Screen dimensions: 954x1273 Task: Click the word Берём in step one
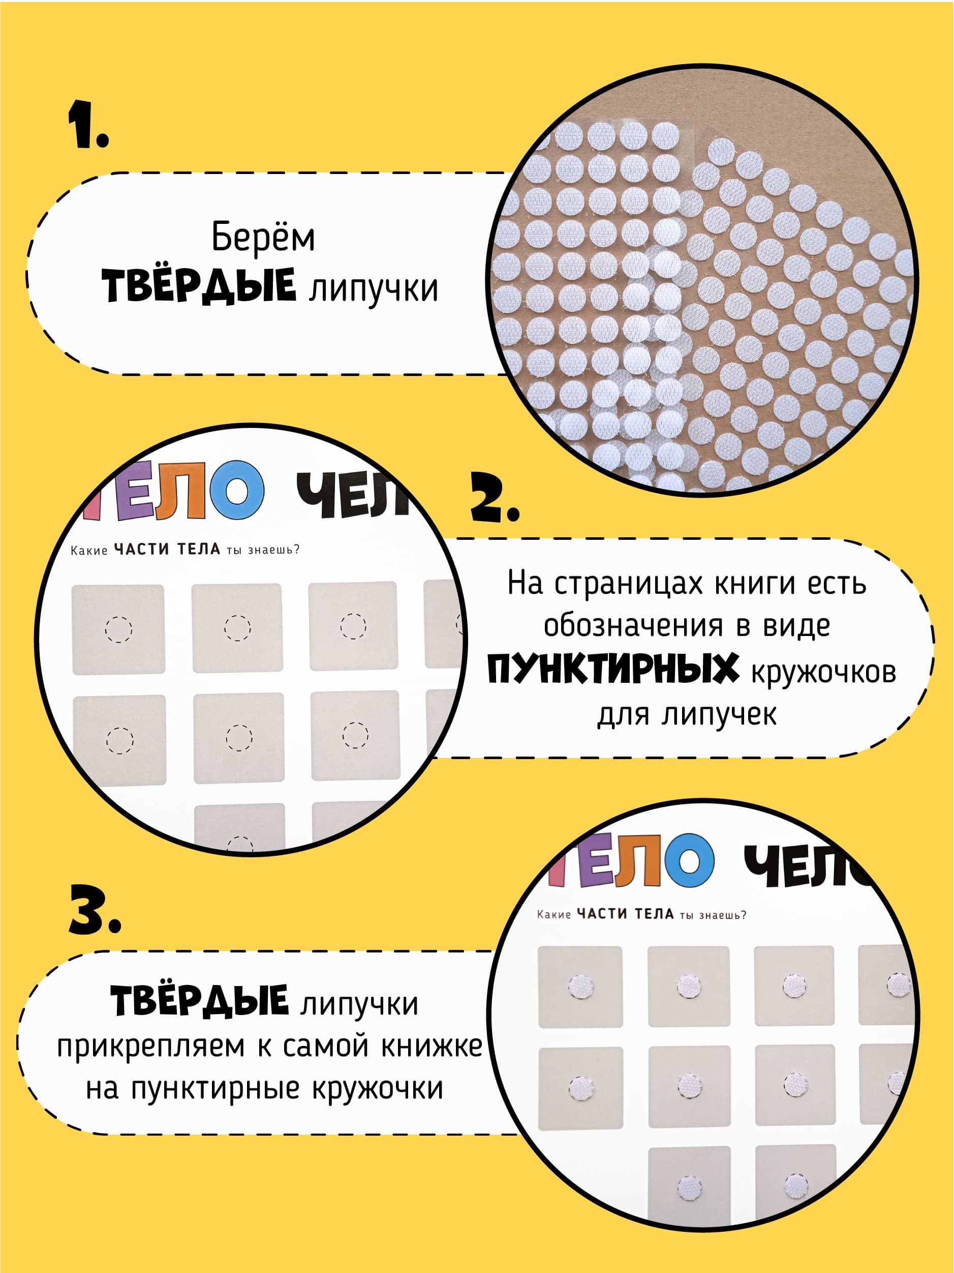click(x=263, y=237)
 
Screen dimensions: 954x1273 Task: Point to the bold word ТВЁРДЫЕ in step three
click(x=199, y=1000)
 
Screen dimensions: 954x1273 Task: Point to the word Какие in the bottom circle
click(x=553, y=914)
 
